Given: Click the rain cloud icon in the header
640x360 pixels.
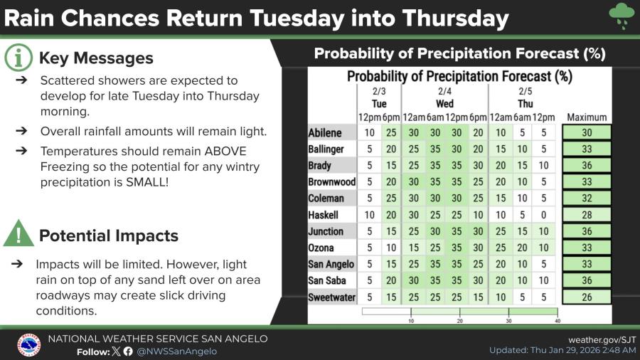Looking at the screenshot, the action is coord(622,16).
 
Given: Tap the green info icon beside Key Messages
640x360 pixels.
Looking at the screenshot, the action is coord(18,58).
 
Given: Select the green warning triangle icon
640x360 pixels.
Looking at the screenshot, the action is coord(18,233).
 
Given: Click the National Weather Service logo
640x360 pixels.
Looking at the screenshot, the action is coord(29,345).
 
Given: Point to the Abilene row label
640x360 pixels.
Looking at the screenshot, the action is coord(325,132).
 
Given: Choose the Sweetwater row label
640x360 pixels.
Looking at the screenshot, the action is coord(332,297).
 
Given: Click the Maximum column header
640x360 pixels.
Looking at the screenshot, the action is coord(587,117).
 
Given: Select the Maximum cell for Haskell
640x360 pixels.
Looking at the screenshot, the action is coord(587,215).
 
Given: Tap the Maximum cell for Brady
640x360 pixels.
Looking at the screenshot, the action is coord(587,165).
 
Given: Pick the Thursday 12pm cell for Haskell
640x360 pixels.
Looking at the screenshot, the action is coord(544,215).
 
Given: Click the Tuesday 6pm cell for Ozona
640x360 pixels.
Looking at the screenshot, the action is coord(391,248).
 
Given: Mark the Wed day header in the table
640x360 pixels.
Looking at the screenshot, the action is coord(444,104).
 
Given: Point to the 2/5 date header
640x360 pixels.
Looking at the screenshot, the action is coord(526,91).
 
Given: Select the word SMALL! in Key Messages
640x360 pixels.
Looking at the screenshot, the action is coord(147,182).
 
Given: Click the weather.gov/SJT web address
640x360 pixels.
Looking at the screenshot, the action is coord(602,339).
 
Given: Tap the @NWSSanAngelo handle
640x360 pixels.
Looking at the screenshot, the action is coord(177,351).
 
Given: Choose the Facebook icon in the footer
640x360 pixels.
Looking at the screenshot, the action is coord(128,351).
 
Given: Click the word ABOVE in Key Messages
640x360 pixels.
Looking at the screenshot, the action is coord(225,151).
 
